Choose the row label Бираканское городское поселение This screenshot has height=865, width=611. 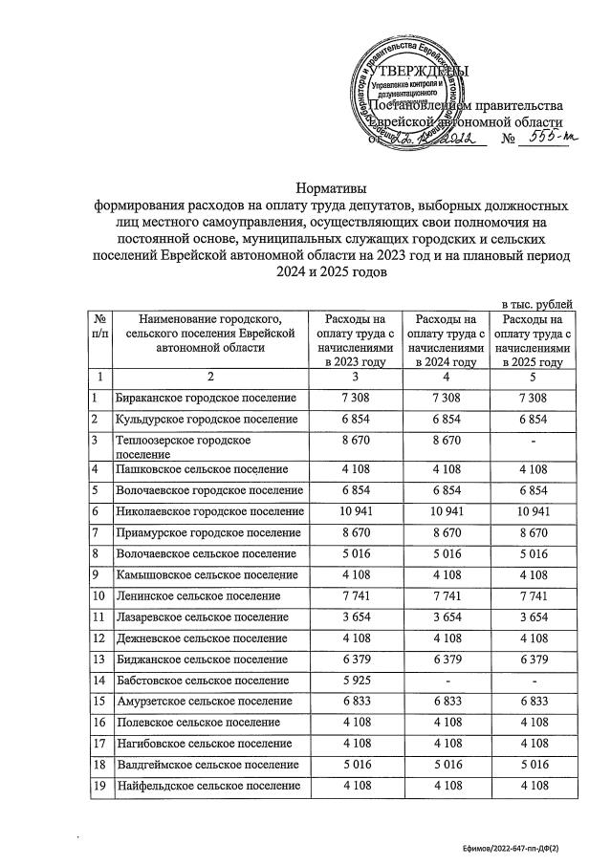(x=207, y=398)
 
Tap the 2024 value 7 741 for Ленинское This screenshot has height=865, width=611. (x=441, y=595)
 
